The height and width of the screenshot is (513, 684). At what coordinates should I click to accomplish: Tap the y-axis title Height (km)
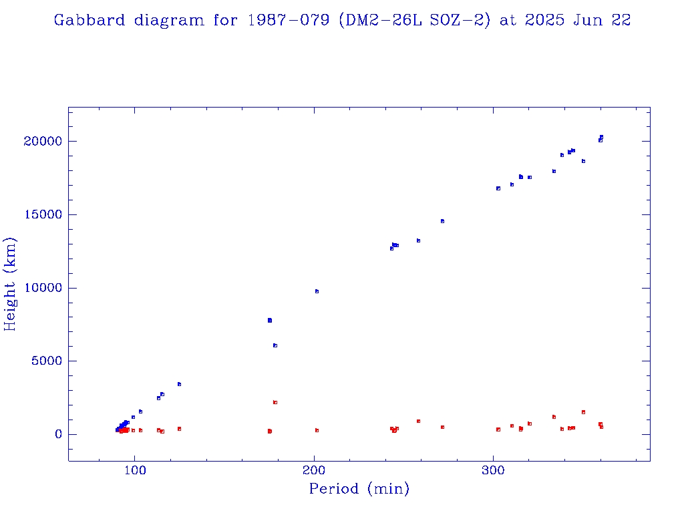click(11, 284)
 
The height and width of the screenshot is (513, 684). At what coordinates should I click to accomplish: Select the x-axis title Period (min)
click(359, 489)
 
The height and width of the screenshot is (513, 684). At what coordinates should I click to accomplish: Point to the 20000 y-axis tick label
click(43, 141)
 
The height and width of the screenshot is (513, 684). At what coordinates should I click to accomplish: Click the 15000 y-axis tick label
click(43, 214)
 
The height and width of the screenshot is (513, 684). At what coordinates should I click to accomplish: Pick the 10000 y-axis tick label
click(43, 288)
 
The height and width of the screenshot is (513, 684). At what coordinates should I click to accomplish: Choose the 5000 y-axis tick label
click(46, 361)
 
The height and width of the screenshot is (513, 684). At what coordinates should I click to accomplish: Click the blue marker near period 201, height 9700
click(317, 291)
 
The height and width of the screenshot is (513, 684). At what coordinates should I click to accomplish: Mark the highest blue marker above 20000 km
click(601, 137)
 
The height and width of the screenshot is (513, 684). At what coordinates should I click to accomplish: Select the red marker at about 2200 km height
click(275, 402)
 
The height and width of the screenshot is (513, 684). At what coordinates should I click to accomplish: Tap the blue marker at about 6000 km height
click(275, 345)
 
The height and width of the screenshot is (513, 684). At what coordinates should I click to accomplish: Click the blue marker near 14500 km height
click(442, 220)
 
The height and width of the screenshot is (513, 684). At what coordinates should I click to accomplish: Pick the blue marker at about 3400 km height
click(179, 384)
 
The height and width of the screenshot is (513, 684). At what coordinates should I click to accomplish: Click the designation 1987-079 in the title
click(289, 20)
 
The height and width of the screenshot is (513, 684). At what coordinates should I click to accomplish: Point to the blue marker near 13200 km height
click(418, 240)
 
